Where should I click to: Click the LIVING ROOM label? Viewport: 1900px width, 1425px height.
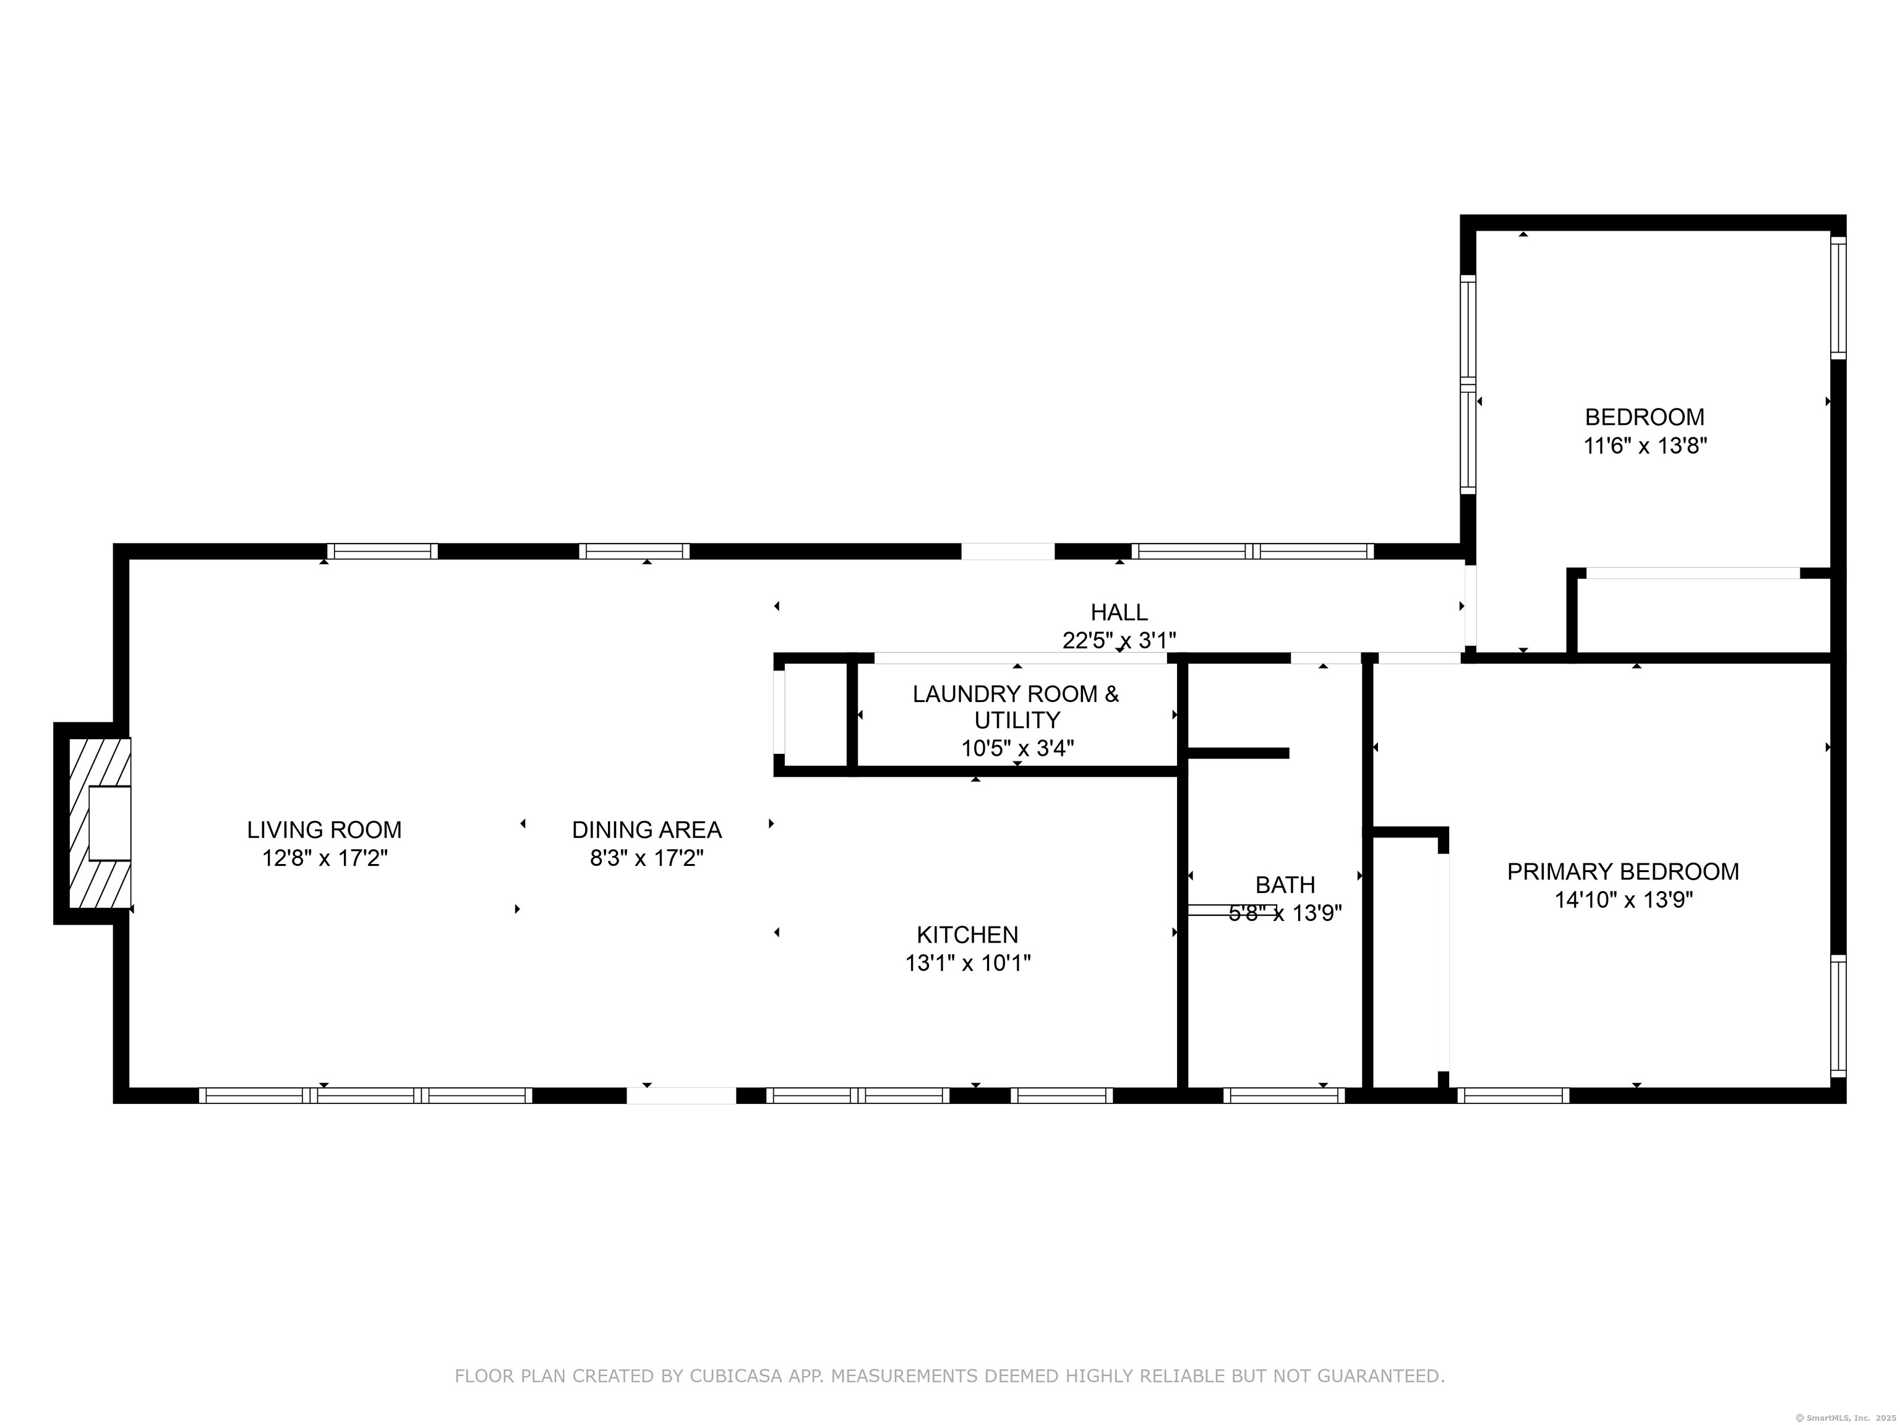coord(324,830)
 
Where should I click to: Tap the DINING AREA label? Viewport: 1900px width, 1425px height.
coord(647,830)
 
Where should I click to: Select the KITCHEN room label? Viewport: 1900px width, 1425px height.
coord(967,935)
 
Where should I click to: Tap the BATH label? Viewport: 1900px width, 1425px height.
coord(1285,884)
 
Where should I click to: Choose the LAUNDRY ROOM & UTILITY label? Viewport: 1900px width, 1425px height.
coord(1016,706)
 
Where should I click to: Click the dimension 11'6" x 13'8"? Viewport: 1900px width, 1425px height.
coord(1645,446)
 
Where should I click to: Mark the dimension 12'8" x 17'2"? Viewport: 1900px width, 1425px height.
coord(325,858)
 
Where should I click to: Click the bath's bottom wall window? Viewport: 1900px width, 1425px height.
coord(1283,1095)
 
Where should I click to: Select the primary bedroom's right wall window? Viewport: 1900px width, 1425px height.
coord(1838,1016)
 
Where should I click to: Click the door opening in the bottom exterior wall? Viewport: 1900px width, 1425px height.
coord(681,1095)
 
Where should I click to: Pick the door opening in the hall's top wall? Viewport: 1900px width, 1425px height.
coord(1007,552)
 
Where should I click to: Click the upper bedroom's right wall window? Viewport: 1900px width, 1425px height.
coord(1838,297)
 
